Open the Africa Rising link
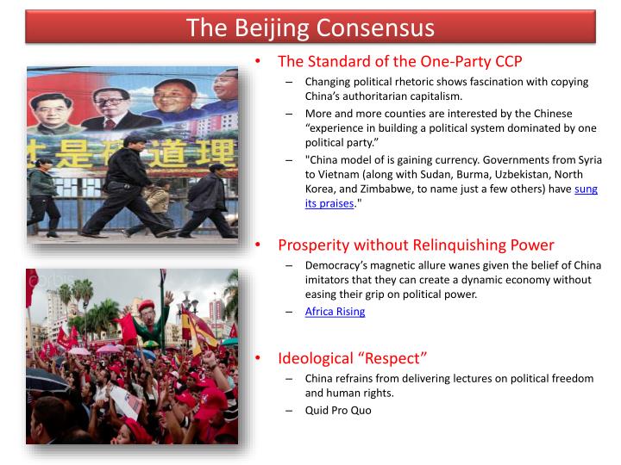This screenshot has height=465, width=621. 335,311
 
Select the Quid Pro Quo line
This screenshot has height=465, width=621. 338,410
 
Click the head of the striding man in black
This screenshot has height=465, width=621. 132,140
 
